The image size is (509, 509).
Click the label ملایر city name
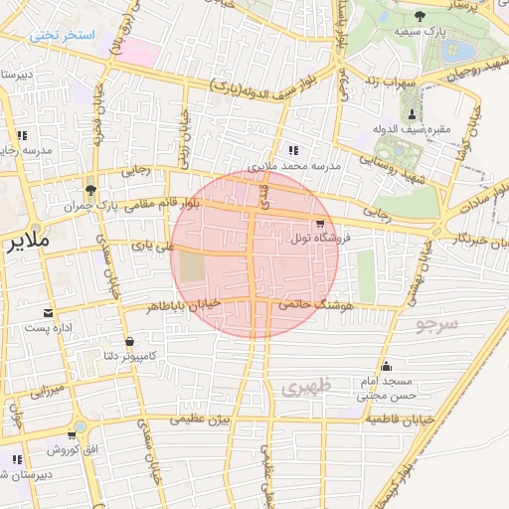(26, 242)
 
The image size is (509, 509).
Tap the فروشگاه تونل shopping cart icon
(320, 224)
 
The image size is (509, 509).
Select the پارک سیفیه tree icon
(420, 15)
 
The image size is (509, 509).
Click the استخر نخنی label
(62, 35)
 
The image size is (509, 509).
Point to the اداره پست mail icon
(49, 313)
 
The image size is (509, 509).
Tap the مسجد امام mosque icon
(386, 367)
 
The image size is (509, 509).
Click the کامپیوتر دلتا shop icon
(130, 343)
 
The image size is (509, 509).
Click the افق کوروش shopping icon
(72, 435)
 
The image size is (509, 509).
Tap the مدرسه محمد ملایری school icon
(292, 150)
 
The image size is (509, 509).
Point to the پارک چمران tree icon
(91, 190)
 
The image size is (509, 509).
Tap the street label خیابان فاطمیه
(398, 420)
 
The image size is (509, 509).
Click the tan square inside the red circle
(193, 267)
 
